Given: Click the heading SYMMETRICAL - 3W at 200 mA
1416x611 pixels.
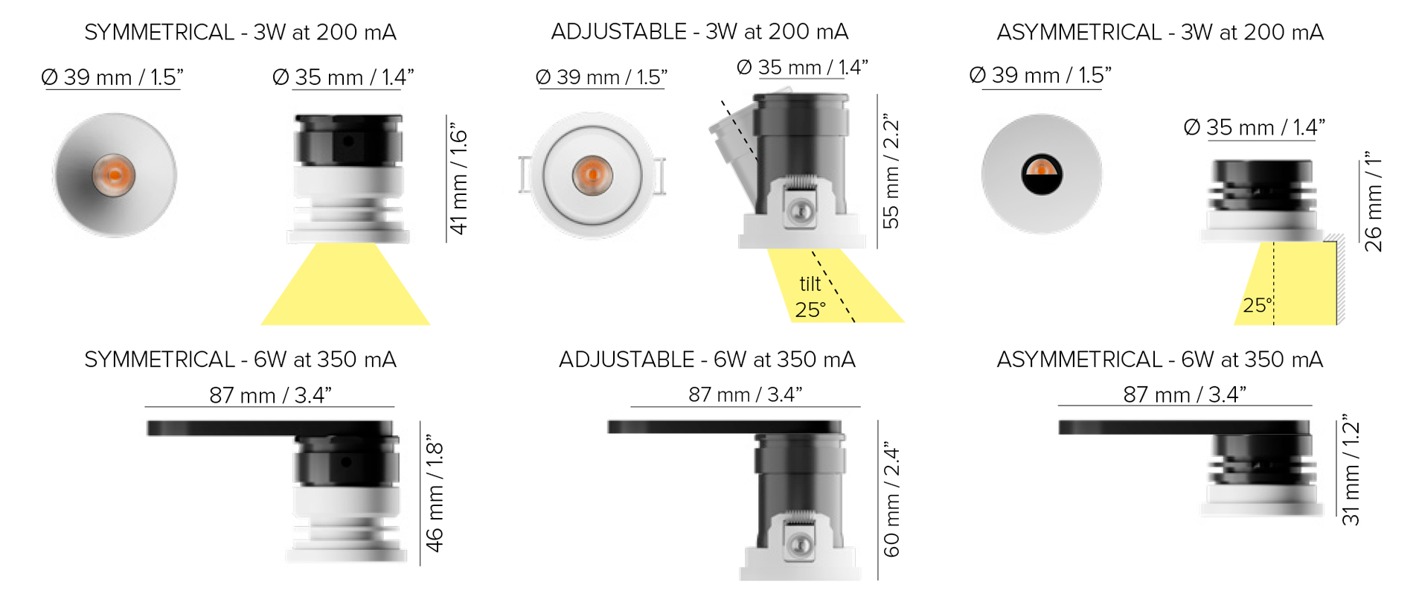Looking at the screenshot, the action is click(240, 33).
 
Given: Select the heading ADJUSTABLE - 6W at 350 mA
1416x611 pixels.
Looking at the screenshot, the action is click(707, 360).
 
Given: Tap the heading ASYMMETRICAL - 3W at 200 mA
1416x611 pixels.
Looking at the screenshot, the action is click(1160, 33).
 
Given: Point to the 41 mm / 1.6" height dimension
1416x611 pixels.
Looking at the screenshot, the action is click(459, 179).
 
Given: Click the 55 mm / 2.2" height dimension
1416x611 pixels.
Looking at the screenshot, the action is click(891, 171).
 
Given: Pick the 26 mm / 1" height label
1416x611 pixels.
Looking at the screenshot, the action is click(1374, 202).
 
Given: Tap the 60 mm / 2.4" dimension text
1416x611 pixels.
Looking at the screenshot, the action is click(891, 499).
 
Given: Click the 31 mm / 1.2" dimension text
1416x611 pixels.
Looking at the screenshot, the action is click(1351, 470).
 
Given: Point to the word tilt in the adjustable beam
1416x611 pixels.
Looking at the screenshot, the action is click(810, 284).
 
